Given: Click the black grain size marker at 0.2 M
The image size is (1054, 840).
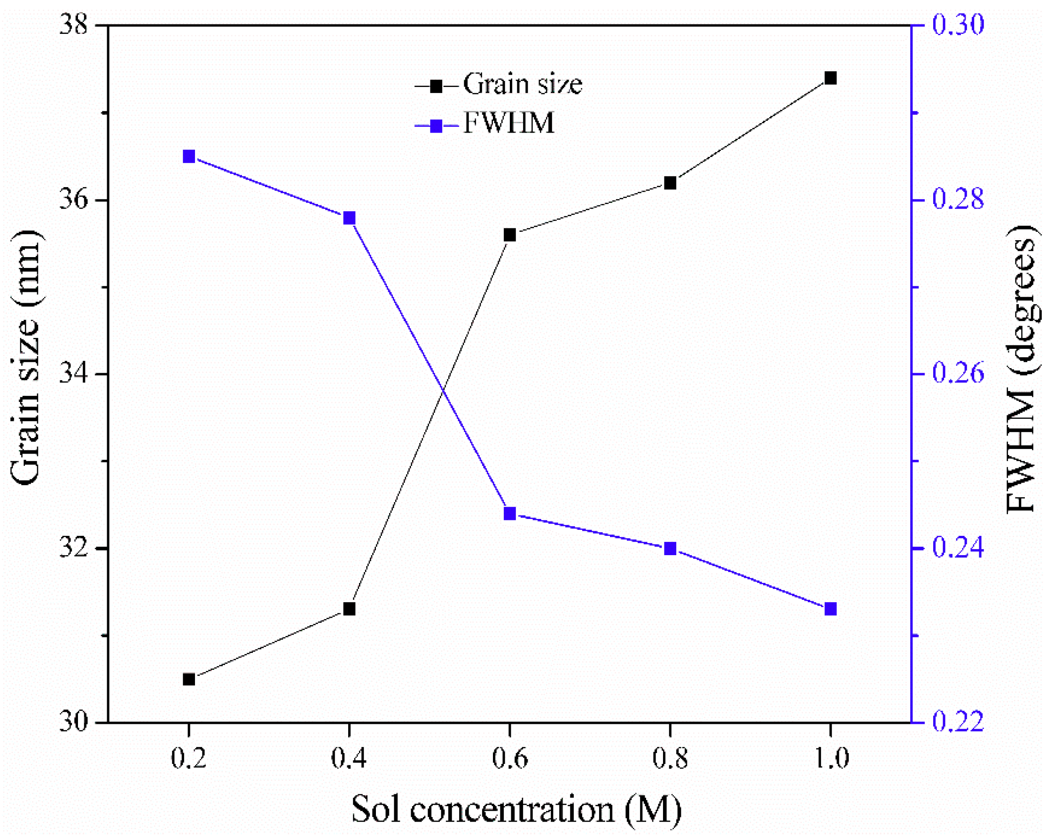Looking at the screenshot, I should click(x=189, y=680).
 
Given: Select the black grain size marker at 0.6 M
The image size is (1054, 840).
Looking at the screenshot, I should click(x=510, y=235).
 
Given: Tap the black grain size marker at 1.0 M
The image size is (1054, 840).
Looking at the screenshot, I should click(x=831, y=78).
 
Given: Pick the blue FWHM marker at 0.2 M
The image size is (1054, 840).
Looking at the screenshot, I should click(x=189, y=157).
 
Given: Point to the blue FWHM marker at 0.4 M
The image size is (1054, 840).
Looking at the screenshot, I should click(x=349, y=218).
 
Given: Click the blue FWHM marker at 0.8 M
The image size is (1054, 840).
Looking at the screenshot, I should click(x=670, y=549).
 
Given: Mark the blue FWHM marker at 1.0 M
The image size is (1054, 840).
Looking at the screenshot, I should click(x=831, y=609).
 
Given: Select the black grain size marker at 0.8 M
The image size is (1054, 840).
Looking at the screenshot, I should click(x=670, y=183).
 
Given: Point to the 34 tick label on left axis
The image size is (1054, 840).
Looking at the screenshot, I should click(x=73, y=374).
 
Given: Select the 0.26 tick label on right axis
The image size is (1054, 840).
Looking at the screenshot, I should click(x=958, y=374).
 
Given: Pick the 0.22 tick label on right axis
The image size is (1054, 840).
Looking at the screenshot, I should click(x=958, y=722).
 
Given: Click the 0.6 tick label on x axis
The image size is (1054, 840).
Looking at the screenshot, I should click(x=510, y=759).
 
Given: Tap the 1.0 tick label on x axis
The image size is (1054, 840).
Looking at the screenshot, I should click(x=831, y=759).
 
